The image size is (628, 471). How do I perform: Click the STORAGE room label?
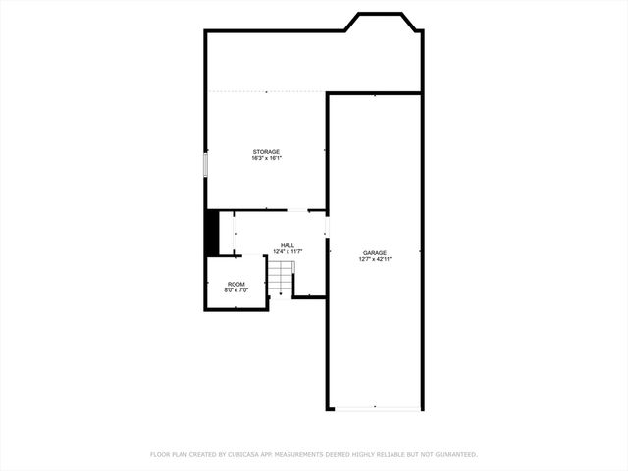pos(266,152)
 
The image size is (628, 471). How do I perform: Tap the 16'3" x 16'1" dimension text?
pos(266,158)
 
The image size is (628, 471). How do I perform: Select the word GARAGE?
pos(374,252)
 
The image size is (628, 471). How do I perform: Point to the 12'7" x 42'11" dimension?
pos(374,258)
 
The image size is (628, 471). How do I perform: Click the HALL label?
pos(288,245)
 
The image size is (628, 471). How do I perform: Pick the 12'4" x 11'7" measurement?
pos(288,251)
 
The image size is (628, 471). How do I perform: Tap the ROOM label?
pos(236,284)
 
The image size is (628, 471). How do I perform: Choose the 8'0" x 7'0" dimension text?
pos(236,289)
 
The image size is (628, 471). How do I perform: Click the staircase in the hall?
pos(283,278)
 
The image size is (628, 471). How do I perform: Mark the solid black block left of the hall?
pos(211,233)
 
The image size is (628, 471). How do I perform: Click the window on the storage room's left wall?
pos(206,165)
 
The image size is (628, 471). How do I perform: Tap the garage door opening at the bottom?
pos(374,408)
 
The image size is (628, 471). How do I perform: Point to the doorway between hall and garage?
pos(327,227)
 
